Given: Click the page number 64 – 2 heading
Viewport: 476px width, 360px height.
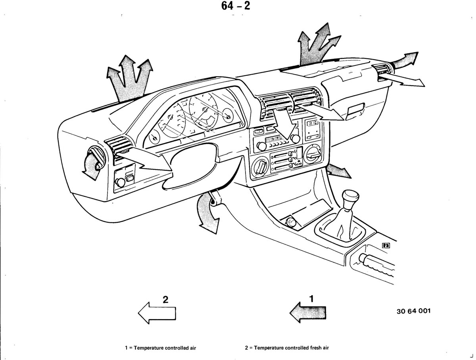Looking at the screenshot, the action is pyautogui.click(x=236, y=6).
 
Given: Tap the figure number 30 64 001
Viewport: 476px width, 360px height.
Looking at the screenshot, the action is pyautogui.click(x=413, y=311).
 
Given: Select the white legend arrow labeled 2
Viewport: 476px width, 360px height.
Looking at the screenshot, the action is pyautogui.click(x=157, y=313).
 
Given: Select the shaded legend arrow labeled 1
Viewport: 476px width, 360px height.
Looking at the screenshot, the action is pyautogui.click(x=308, y=312).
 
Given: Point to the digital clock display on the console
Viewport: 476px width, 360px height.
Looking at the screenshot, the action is pyautogui.click(x=313, y=124).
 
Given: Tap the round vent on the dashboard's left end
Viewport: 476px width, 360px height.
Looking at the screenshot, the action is pyautogui.click(x=97, y=157).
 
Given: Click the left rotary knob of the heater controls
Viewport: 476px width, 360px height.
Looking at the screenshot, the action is pyautogui.click(x=260, y=167).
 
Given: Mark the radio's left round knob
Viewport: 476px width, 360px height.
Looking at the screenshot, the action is pyautogui.click(x=261, y=146).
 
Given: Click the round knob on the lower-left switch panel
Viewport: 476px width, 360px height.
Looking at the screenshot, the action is pyautogui.click(x=120, y=183).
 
